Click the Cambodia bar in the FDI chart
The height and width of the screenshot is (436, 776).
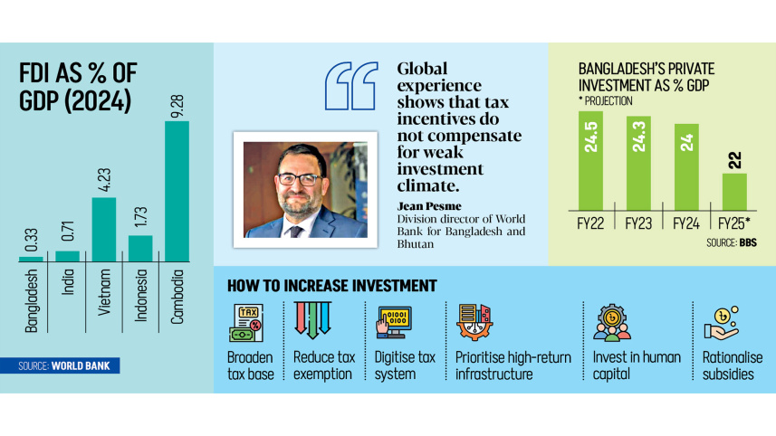click(x=177, y=192)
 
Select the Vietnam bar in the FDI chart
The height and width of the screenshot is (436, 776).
click(x=104, y=230)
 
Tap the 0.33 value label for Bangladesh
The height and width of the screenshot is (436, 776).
click(x=30, y=239)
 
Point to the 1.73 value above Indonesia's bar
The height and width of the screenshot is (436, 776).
click(x=140, y=217)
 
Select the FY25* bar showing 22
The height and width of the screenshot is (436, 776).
click(x=734, y=192)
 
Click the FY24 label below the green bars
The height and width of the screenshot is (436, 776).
click(x=685, y=223)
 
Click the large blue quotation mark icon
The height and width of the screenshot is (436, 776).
click(x=350, y=88)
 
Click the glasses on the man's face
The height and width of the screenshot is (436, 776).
click(x=300, y=178)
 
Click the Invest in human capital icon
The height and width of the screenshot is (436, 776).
click(x=613, y=321)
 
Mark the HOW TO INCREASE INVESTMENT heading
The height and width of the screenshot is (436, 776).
click(x=331, y=286)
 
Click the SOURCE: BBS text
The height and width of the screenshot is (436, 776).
click(x=733, y=244)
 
